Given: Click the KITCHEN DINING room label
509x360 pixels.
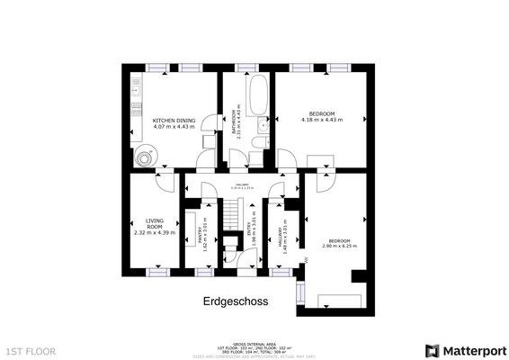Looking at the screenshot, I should (174, 120).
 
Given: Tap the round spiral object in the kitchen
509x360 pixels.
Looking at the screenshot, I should (146, 157).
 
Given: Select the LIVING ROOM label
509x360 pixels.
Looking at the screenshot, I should (155, 222).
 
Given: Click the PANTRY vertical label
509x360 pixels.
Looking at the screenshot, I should (200, 231).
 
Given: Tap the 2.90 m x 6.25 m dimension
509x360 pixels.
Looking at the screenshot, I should (339, 246).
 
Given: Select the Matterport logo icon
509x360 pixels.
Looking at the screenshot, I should (433, 349).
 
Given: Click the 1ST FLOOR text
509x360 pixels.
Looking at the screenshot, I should (31, 350).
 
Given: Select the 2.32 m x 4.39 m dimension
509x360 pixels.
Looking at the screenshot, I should (155, 233).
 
